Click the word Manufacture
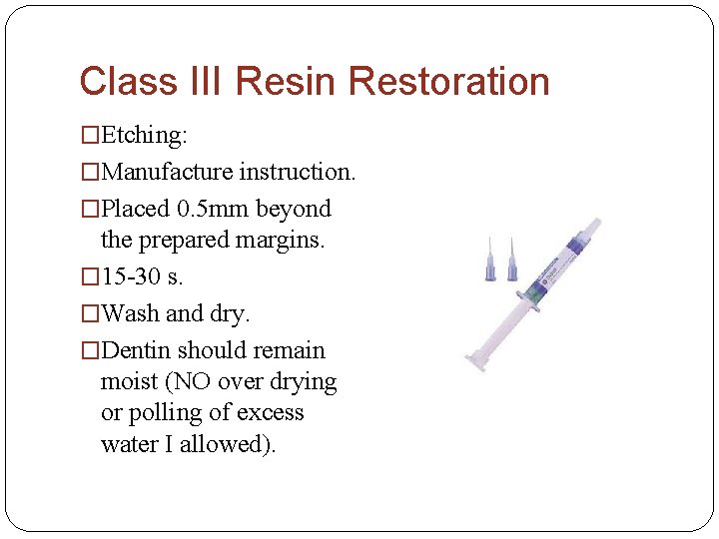(x=167, y=172)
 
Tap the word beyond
(x=294, y=209)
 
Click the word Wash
(x=130, y=313)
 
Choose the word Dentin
(x=136, y=350)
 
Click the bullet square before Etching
(x=91, y=136)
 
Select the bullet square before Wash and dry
(x=91, y=314)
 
